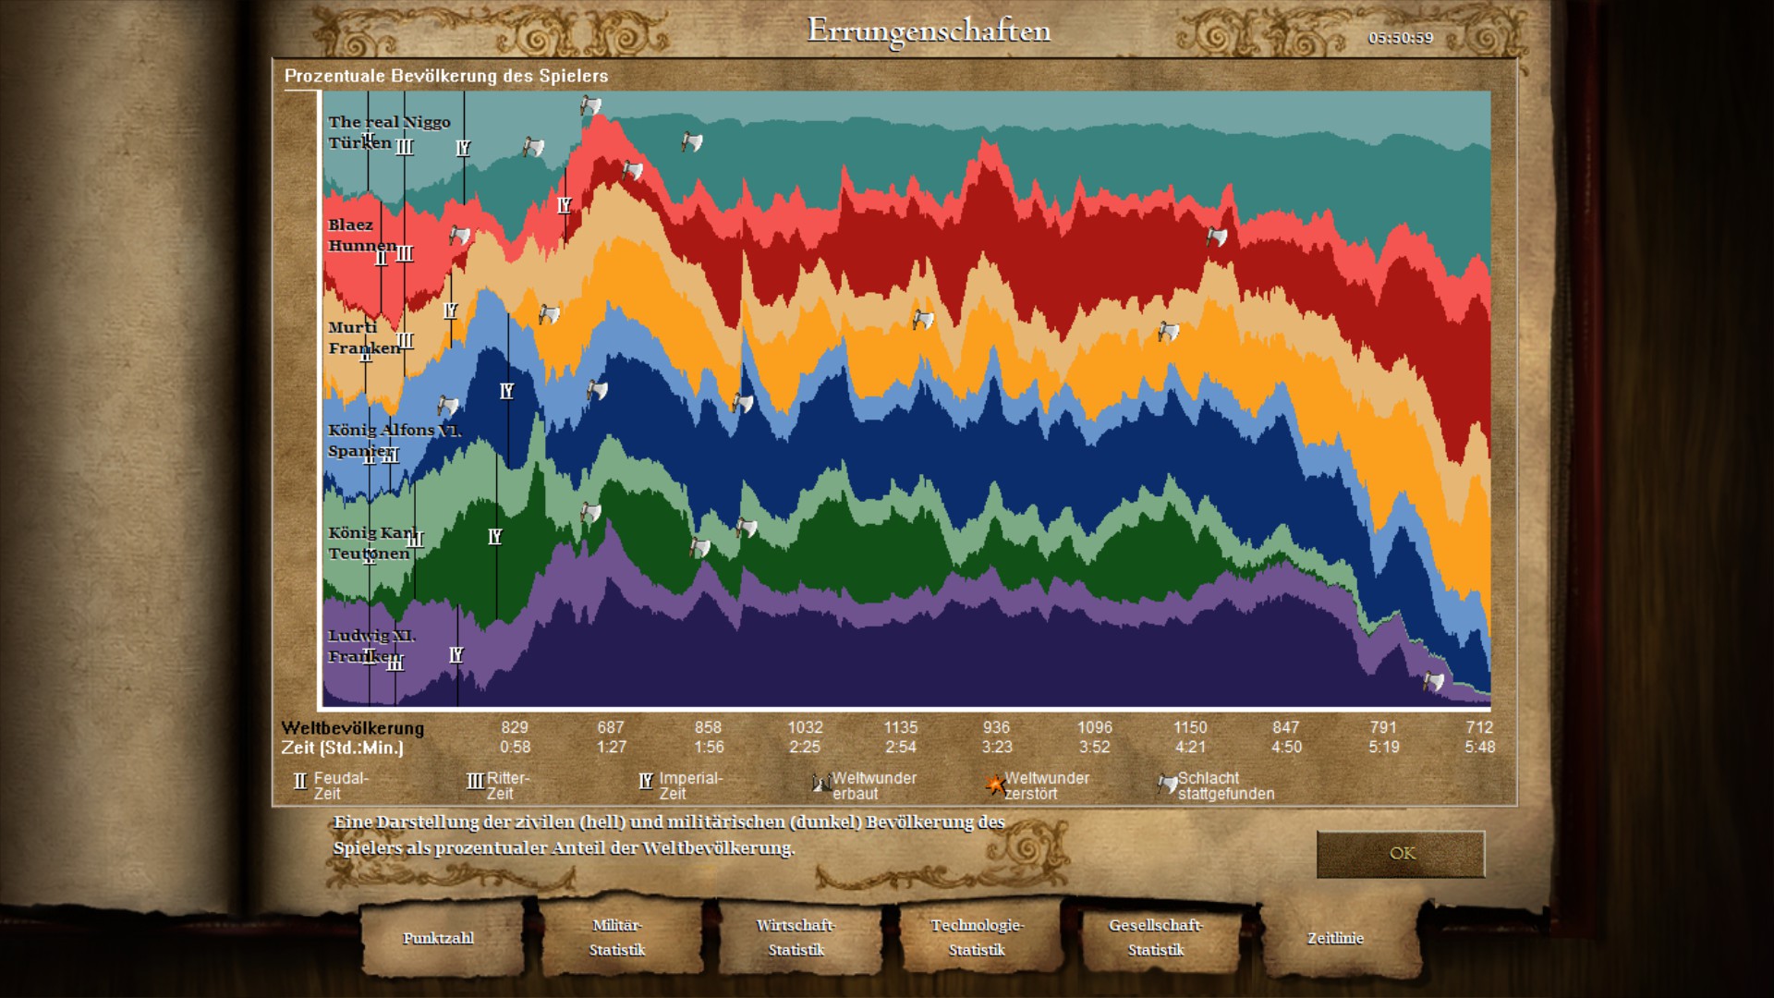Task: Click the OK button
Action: pyautogui.click(x=1401, y=853)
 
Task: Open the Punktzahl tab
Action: pyautogui.click(x=438, y=938)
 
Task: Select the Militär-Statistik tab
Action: pyautogui.click(x=617, y=937)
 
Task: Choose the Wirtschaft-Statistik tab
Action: pyautogui.click(x=796, y=937)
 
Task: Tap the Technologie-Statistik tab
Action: pyautogui.click(x=977, y=937)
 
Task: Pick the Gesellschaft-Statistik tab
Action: pyautogui.click(x=1156, y=937)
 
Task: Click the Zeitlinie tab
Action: pyautogui.click(x=1335, y=938)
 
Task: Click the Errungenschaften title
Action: pyautogui.click(x=929, y=30)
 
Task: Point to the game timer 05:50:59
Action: pyautogui.click(x=1401, y=38)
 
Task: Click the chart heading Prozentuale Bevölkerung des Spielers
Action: pyautogui.click(x=446, y=76)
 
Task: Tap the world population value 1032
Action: pyautogui.click(x=805, y=727)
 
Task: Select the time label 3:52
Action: pyautogui.click(x=1095, y=747)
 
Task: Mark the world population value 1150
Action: pyautogui.click(x=1190, y=727)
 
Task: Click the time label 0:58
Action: pyautogui.click(x=516, y=747)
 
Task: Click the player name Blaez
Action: pyautogui.click(x=351, y=225)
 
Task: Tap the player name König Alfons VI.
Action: pyautogui.click(x=394, y=430)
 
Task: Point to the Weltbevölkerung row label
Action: pyautogui.click(x=353, y=727)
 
